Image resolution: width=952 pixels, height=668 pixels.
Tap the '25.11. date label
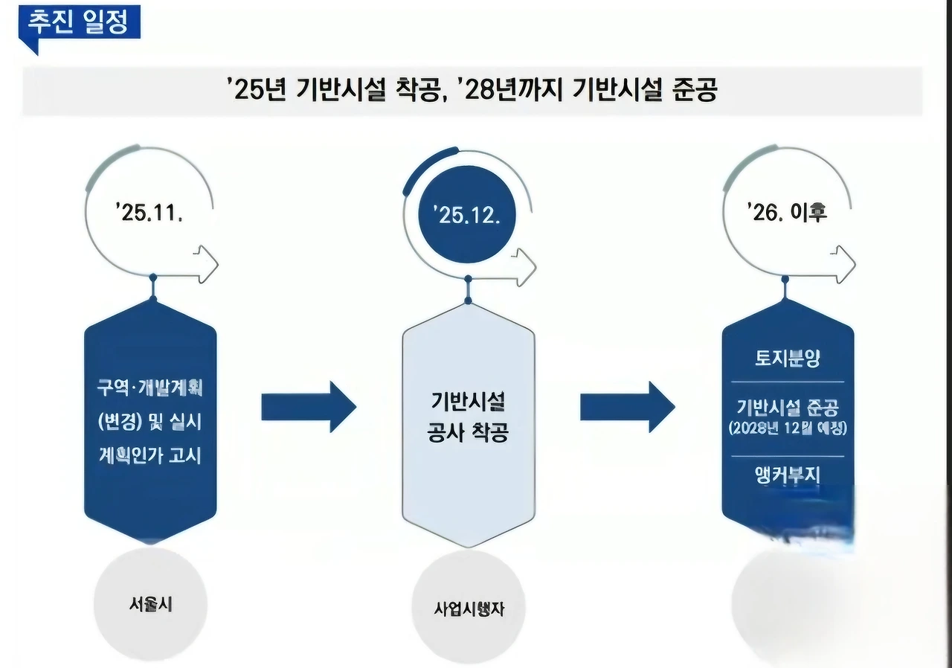tap(149, 213)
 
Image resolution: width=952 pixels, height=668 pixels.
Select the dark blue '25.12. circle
tap(466, 214)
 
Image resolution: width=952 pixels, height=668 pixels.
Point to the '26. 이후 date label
tap(788, 213)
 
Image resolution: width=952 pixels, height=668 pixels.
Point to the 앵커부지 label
tap(788, 475)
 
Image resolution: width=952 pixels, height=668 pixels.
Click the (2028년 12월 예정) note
tap(788, 428)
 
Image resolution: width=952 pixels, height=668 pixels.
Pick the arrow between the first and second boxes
tap(309, 407)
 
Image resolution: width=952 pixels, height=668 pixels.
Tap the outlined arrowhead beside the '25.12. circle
tap(522, 266)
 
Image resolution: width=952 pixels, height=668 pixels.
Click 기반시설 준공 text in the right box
tap(788, 408)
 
